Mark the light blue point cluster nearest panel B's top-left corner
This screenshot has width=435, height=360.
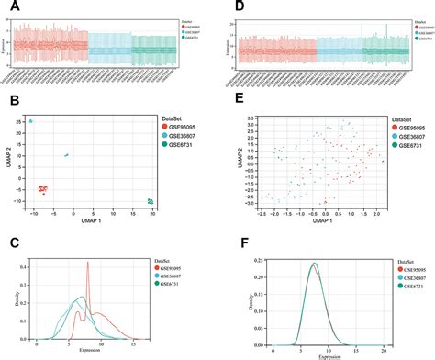click(30, 121)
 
